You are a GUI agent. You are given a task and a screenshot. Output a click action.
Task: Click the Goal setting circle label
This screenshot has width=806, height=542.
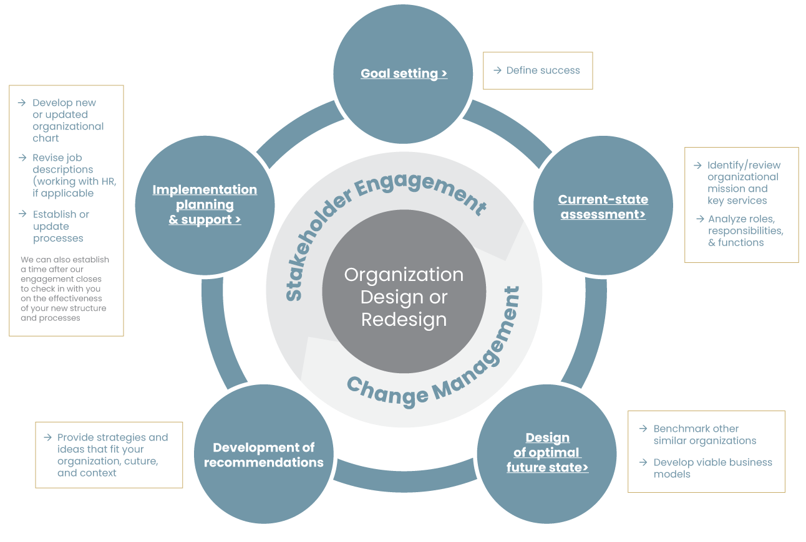(404, 74)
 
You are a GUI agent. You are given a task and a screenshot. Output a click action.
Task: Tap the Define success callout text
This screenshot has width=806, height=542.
(543, 70)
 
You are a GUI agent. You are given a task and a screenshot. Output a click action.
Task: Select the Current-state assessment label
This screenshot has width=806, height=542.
(603, 207)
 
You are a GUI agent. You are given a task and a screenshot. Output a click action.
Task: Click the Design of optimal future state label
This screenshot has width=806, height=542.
(547, 452)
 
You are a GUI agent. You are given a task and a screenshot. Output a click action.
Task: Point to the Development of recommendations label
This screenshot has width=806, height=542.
(263, 455)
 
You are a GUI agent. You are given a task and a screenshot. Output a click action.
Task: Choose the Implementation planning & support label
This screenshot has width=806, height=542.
(205, 204)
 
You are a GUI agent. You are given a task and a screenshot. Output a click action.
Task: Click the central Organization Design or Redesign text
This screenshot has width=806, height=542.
(404, 297)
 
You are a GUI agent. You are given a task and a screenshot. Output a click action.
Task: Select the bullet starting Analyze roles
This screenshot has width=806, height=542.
(745, 231)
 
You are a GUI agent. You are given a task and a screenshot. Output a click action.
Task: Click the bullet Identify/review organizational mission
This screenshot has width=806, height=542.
(743, 183)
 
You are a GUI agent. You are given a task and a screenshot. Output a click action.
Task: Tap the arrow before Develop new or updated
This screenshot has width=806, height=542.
(22, 103)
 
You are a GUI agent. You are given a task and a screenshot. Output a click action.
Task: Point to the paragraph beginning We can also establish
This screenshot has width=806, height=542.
(64, 288)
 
